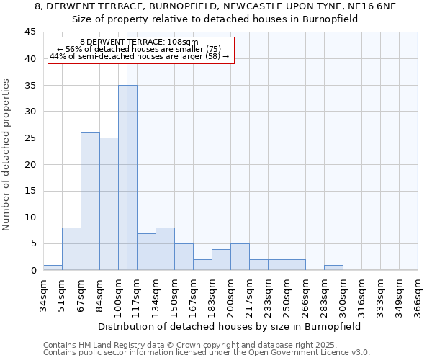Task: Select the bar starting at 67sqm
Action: [90, 202]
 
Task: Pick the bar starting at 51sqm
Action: [71, 249]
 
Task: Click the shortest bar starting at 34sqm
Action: [53, 267]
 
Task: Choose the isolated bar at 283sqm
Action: [333, 267]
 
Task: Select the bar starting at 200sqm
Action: [240, 257]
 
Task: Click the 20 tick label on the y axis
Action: [30, 164]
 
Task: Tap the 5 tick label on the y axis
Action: [32, 243]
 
